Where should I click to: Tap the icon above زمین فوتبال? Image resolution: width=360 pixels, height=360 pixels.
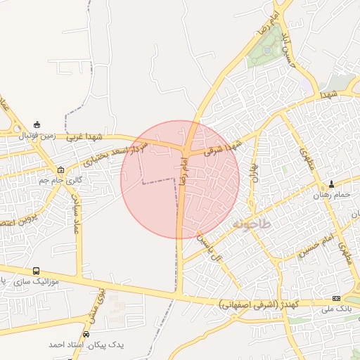point(37,124)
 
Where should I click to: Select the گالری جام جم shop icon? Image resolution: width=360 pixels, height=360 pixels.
point(61,169)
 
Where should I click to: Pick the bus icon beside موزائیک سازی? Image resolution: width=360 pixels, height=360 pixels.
point(36,271)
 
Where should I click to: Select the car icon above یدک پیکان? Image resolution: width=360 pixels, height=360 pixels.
point(86,335)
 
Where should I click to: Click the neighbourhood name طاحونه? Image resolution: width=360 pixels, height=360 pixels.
point(250,224)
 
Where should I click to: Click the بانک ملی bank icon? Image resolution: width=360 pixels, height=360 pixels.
point(335,298)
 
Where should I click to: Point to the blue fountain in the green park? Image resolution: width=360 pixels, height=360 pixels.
point(268,32)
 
